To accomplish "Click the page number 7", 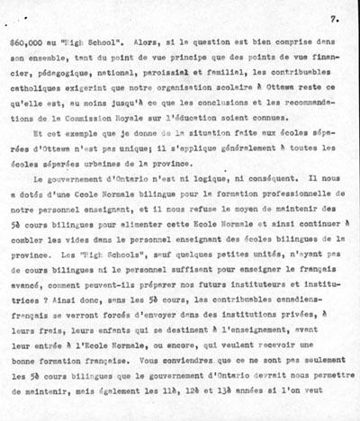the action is pyautogui.click(x=333, y=17).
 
